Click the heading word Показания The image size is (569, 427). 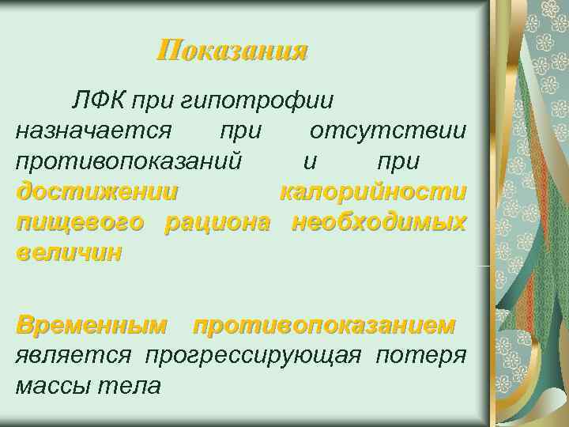click(x=232, y=51)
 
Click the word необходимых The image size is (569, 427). click(x=379, y=223)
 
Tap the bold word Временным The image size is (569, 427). click(x=92, y=325)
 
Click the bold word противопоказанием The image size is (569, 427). click(x=324, y=325)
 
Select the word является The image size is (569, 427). click(x=73, y=355)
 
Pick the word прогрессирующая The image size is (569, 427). click(x=252, y=355)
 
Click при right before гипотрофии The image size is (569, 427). click(x=155, y=101)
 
